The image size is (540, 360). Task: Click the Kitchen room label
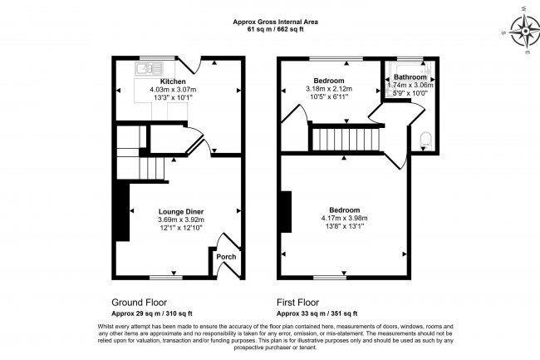pos(173,81)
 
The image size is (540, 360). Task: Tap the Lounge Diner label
pos(181,211)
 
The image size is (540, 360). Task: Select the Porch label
pos(226,257)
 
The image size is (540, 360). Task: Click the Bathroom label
pos(410,76)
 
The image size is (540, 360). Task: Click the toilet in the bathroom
pos(426,141)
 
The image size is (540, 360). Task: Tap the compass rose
pos(524,32)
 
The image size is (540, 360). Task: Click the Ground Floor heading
pos(139,303)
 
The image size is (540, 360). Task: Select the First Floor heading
pos(298,303)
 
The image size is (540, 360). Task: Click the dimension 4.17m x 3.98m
pos(345,218)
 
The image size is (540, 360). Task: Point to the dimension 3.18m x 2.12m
pos(329,89)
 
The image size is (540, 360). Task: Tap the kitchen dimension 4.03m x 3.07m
pos(173,90)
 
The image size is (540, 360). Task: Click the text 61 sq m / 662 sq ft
pos(276,29)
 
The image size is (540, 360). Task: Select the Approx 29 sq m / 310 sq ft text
pos(152,313)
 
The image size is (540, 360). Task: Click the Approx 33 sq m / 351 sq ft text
pos(317,313)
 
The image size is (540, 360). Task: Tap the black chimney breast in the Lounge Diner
pos(122,211)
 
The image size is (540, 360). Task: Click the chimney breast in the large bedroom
pos(286,211)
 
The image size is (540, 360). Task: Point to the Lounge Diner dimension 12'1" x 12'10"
pos(181,228)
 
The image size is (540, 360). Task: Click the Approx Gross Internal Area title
pos(276,22)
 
